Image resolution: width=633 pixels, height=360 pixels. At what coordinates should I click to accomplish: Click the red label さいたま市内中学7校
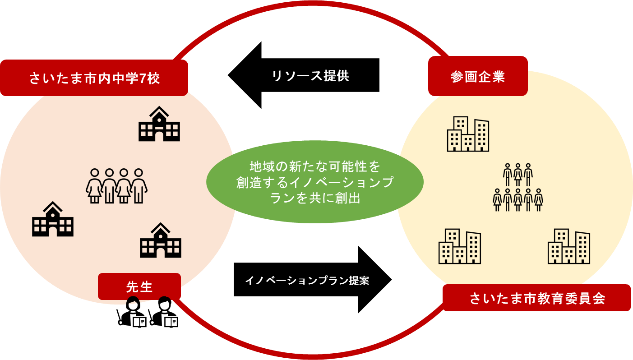pyautogui.click(x=94, y=78)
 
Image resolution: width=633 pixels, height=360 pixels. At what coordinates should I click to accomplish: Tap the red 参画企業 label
pyautogui.click(x=478, y=77)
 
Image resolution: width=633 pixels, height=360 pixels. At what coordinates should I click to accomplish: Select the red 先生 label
pyautogui.click(x=139, y=286)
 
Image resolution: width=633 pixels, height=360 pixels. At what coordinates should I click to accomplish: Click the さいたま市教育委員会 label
pyautogui.click(x=536, y=298)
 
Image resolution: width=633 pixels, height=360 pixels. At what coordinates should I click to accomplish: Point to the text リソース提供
pyautogui.click(x=310, y=76)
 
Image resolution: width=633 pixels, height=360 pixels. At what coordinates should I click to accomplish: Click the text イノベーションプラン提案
pyautogui.click(x=307, y=281)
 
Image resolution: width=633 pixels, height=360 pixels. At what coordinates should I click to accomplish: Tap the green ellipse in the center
pyautogui.click(x=314, y=182)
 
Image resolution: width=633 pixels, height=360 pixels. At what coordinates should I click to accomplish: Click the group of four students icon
pyautogui.click(x=116, y=186)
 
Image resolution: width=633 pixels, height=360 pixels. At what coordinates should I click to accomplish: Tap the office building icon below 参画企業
pyautogui.click(x=468, y=134)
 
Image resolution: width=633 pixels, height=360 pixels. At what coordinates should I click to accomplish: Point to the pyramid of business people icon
pyautogui.click(x=517, y=187)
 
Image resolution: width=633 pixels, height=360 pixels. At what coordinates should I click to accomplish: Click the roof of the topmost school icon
pyautogui.click(x=159, y=111)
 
